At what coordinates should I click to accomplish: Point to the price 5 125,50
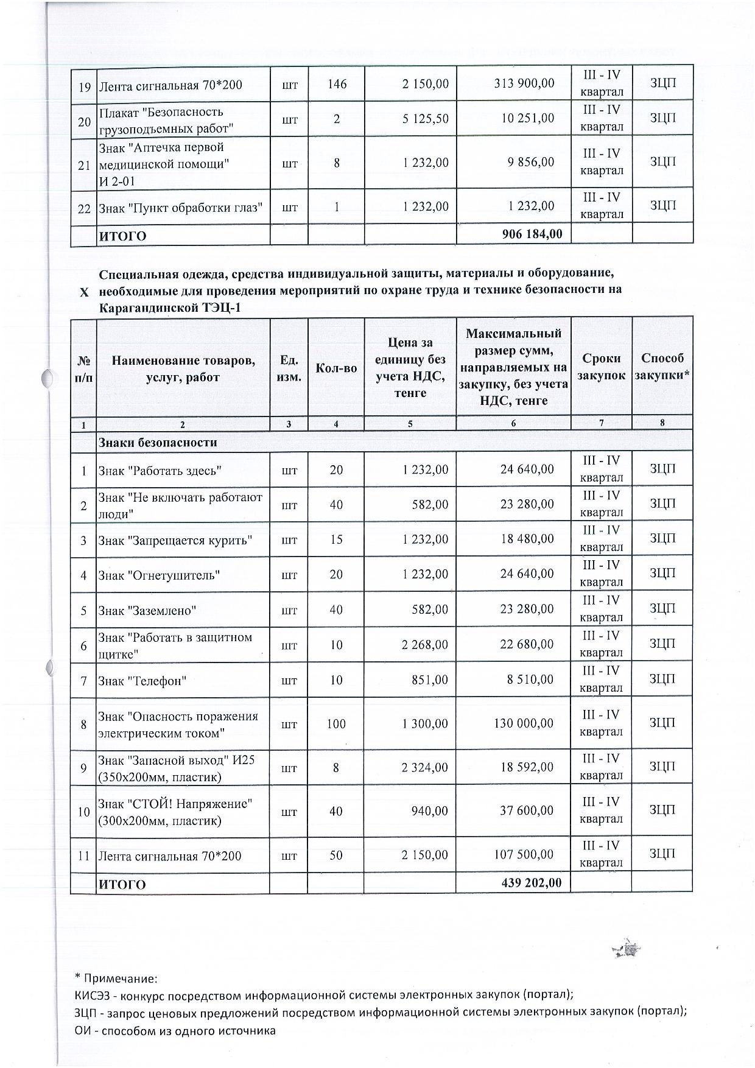(425, 118)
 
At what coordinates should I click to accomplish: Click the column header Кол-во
(336, 368)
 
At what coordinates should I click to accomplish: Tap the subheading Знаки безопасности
(158, 443)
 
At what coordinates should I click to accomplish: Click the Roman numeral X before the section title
(84, 292)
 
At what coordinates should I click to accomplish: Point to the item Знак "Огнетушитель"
(159, 575)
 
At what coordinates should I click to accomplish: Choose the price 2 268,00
(424, 644)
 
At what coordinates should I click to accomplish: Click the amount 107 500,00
(527, 855)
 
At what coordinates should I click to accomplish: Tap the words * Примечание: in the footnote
(116, 978)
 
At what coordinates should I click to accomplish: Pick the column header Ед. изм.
(289, 368)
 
